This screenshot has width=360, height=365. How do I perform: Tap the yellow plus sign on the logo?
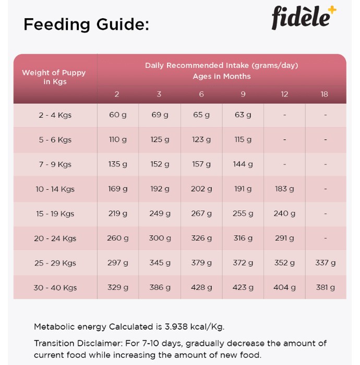point(332,10)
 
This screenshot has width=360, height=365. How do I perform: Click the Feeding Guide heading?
point(86,25)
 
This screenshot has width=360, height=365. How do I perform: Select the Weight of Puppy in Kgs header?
point(54,77)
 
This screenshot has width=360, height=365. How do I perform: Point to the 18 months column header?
point(324,94)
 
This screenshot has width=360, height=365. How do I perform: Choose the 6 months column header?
point(201,94)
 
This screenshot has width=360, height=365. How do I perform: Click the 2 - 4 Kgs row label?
point(55,115)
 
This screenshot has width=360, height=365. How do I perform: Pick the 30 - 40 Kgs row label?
point(55,288)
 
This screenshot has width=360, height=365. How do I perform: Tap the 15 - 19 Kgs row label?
point(55,214)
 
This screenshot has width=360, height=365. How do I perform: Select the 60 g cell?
point(118,115)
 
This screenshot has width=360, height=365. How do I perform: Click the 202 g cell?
point(201,189)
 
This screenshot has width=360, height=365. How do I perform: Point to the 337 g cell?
point(325,263)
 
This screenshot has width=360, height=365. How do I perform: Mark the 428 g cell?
point(201,287)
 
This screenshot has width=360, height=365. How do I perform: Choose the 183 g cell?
point(284,189)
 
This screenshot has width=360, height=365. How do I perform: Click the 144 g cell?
point(243,164)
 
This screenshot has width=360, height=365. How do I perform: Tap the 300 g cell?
point(160,238)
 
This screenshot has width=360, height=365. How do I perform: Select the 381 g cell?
point(325,287)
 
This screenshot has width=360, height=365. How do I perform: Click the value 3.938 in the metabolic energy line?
point(176,327)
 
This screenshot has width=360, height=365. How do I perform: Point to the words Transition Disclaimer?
point(78,343)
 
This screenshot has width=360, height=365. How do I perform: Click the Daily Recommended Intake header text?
point(221,65)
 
